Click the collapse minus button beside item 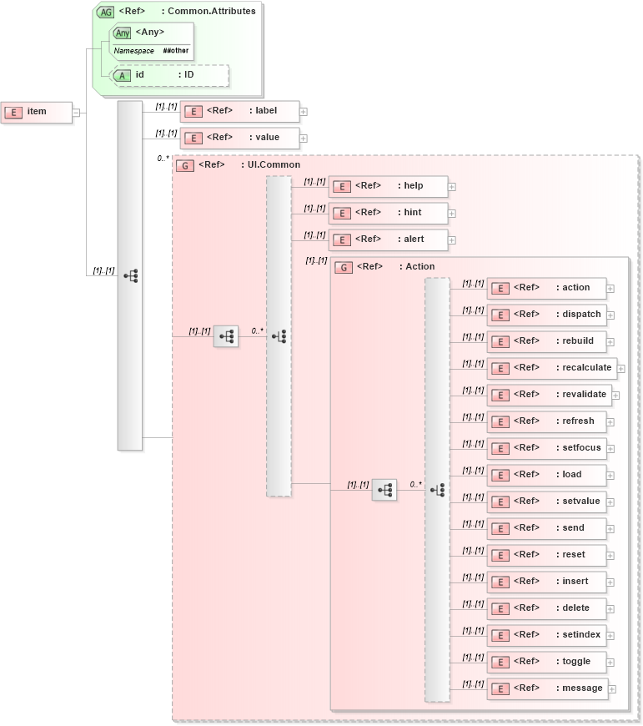click(x=76, y=113)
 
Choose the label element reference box click(x=239, y=111)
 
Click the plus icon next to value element click(x=304, y=139)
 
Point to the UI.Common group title click(x=274, y=165)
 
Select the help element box click(x=388, y=186)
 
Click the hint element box click(x=388, y=213)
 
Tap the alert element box click(x=388, y=239)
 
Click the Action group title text click(x=419, y=267)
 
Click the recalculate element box click(x=550, y=368)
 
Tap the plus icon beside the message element click(x=612, y=689)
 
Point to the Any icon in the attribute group click(x=123, y=33)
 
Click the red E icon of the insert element click(x=500, y=582)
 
